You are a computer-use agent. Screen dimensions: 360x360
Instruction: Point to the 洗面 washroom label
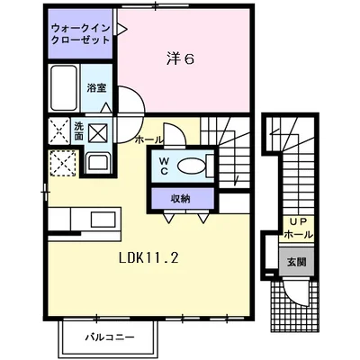pyautogui.click(x=79, y=130)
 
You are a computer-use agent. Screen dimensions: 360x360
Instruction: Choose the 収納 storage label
pyautogui.click(x=180, y=198)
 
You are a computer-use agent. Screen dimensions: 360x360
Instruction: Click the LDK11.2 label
pyautogui.click(x=149, y=256)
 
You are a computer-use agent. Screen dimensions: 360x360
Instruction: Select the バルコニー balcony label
pyautogui.click(x=111, y=338)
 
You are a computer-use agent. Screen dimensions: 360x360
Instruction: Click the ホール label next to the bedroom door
pyautogui.click(x=149, y=139)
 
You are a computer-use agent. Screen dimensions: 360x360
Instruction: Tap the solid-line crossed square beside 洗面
pyautogui.click(x=99, y=131)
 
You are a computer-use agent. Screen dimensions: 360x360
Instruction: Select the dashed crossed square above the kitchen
pyautogui.click(x=63, y=162)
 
